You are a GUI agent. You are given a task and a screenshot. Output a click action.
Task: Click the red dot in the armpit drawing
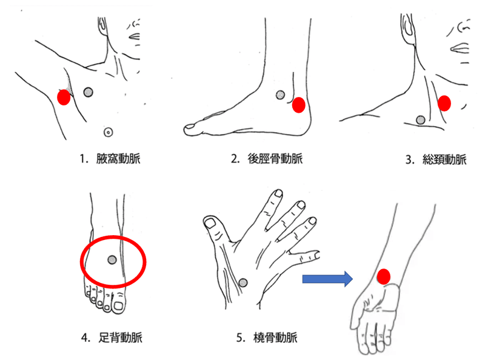pos(64,98)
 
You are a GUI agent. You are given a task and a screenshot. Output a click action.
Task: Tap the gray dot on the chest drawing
pos(88,92)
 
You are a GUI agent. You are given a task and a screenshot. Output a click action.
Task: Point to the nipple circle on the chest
pos(108,132)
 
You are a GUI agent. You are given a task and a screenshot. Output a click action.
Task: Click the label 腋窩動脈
pos(118,159)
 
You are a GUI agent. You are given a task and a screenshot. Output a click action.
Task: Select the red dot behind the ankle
pos(299,105)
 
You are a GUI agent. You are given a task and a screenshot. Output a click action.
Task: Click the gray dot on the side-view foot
pos(280,95)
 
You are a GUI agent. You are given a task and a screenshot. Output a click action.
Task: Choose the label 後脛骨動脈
pos(275,159)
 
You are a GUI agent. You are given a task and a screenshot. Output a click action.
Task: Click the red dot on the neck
pos(444,103)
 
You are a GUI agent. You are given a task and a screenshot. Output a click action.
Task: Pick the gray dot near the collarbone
pos(420,119)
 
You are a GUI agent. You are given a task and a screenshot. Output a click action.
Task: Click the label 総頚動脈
pos(444,159)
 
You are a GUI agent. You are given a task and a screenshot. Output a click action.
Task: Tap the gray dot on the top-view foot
pos(112,260)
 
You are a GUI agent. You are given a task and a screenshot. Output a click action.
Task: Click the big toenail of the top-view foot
pos(118,306)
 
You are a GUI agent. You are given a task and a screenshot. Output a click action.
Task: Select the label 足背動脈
pos(120,338)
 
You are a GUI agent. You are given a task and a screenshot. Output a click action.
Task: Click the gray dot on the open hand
pos(243,282)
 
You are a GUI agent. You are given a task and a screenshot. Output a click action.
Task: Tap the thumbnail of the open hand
pos(210,222)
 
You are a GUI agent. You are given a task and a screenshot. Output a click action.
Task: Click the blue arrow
pos(327,279)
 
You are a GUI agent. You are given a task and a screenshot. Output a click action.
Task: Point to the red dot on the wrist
pos(384,276)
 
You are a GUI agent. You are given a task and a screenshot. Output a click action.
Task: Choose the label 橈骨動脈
pos(275,338)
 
